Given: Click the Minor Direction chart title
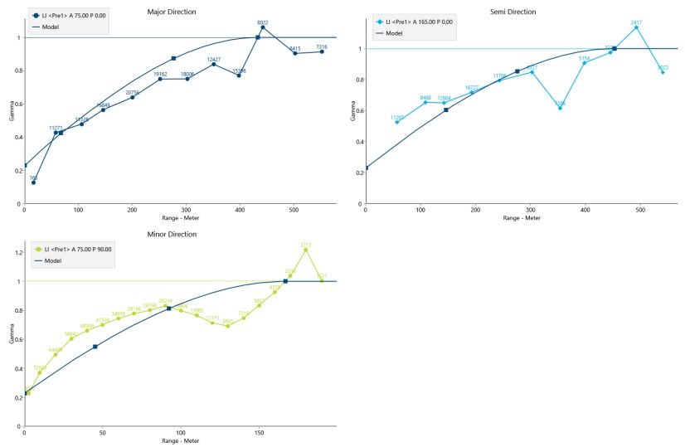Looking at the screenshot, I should point(172,235).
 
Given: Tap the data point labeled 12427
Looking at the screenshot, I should point(214,64).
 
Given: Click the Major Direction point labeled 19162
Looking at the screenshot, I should point(160,79).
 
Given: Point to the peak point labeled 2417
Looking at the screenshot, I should point(636,27).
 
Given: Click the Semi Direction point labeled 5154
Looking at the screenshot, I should point(584,62).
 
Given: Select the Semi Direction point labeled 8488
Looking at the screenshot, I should point(425,102).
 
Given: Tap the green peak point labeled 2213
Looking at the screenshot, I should point(306,250).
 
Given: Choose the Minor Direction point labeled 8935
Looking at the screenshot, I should point(227,326).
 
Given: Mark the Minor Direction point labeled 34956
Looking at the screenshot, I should point(119,318).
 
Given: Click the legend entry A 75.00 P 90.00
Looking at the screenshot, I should point(80,249).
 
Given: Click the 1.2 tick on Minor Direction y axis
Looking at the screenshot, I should point(17,252).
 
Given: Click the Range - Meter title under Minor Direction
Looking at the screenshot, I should point(174,440).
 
